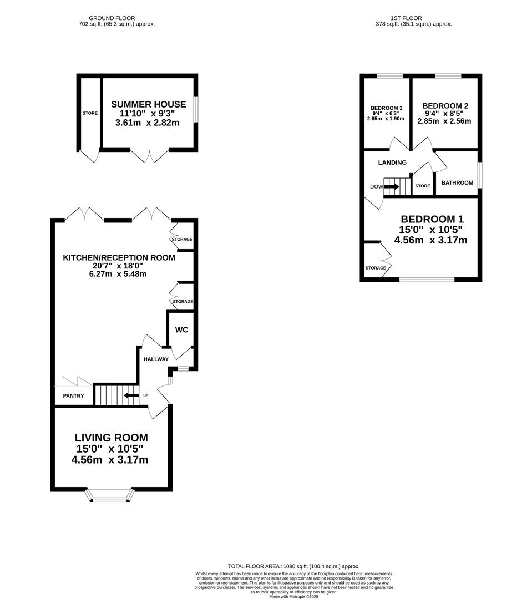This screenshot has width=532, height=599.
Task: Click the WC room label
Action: (x=181, y=329)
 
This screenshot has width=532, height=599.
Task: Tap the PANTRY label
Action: (x=73, y=396)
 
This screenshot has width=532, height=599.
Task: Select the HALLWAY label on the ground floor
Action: (x=156, y=359)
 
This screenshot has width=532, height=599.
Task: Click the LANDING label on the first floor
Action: (x=392, y=163)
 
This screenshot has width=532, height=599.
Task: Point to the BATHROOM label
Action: (x=457, y=182)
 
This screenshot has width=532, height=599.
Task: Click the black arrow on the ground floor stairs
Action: (x=131, y=395)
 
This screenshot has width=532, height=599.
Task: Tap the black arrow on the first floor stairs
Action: (x=392, y=186)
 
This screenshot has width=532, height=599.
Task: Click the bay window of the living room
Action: (x=110, y=495)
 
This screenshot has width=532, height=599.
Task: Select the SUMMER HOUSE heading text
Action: (x=149, y=104)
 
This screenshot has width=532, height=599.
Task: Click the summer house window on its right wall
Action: (x=195, y=110)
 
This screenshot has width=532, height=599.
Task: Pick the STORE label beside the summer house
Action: (x=90, y=113)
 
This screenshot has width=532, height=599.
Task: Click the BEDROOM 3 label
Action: (x=387, y=108)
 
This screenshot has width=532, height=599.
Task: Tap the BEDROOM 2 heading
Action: (x=445, y=106)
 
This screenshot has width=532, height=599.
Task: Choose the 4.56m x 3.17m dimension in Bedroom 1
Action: (x=430, y=240)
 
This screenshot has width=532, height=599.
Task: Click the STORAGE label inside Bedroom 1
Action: (x=376, y=268)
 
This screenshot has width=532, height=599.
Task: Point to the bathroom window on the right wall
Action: (x=480, y=175)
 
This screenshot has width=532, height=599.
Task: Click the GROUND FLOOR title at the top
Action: (x=112, y=18)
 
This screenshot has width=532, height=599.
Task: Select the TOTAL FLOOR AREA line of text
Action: (x=294, y=566)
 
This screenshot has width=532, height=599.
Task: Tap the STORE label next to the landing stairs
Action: (x=423, y=186)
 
